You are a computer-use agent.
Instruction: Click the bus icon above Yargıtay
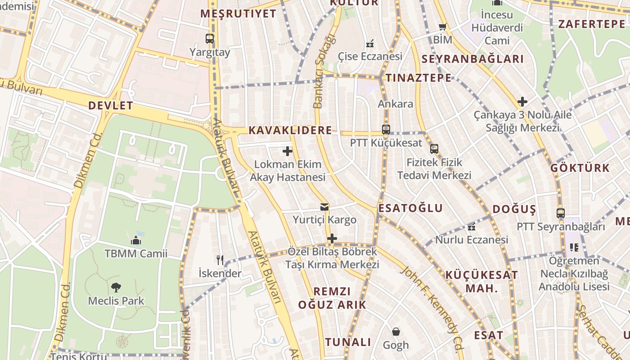pyautogui.click(x=210, y=39)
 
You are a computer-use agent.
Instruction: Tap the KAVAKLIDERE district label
pyautogui.click(x=290, y=130)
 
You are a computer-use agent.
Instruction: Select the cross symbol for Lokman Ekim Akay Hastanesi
pyautogui.click(x=288, y=151)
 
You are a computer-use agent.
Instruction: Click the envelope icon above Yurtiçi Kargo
pyautogui.click(x=324, y=207)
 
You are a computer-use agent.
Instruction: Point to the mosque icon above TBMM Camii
pyautogui.click(x=136, y=240)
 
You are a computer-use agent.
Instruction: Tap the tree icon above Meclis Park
pyautogui.click(x=116, y=287)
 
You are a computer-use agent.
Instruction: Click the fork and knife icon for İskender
pyautogui.click(x=220, y=260)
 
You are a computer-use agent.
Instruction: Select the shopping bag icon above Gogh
pyautogui.click(x=396, y=332)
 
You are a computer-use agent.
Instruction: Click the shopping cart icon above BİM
pyautogui.click(x=442, y=27)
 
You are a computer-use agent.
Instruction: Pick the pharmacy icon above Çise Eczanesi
pyautogui.click(x=370, y=44)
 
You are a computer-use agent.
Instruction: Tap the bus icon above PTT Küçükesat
pyautogui.click(x=386, y=130)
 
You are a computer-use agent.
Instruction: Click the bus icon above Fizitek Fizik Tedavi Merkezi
pyautogui.click(x=434, y=148)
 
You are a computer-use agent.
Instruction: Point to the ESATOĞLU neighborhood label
pyautogui.click(x=410, y=208)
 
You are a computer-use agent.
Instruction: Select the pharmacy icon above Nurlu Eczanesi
pyautogui.click(x=472, y=227)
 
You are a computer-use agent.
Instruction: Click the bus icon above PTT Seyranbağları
pyautogui.click(x=560, y=213)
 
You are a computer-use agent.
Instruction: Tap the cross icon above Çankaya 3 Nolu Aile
pyautogui.click(x=522, y=102)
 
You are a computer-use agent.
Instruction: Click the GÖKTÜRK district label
pyautogui.click(x=580, y=168)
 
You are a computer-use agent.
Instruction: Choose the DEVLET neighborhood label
pyautogui.click(x=111, y=106)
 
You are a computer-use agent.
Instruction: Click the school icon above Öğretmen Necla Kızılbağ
pyautogui.click(x=574, y=247)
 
